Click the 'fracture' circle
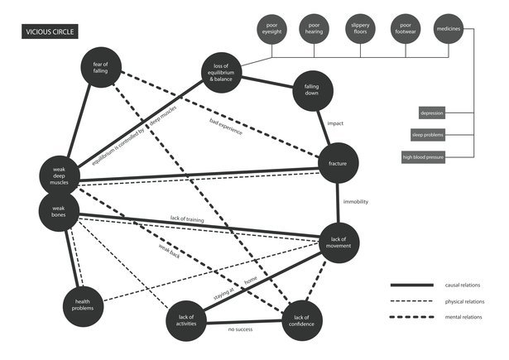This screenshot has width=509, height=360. coord(337,164)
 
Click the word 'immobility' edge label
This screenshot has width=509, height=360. coord(356,202)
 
